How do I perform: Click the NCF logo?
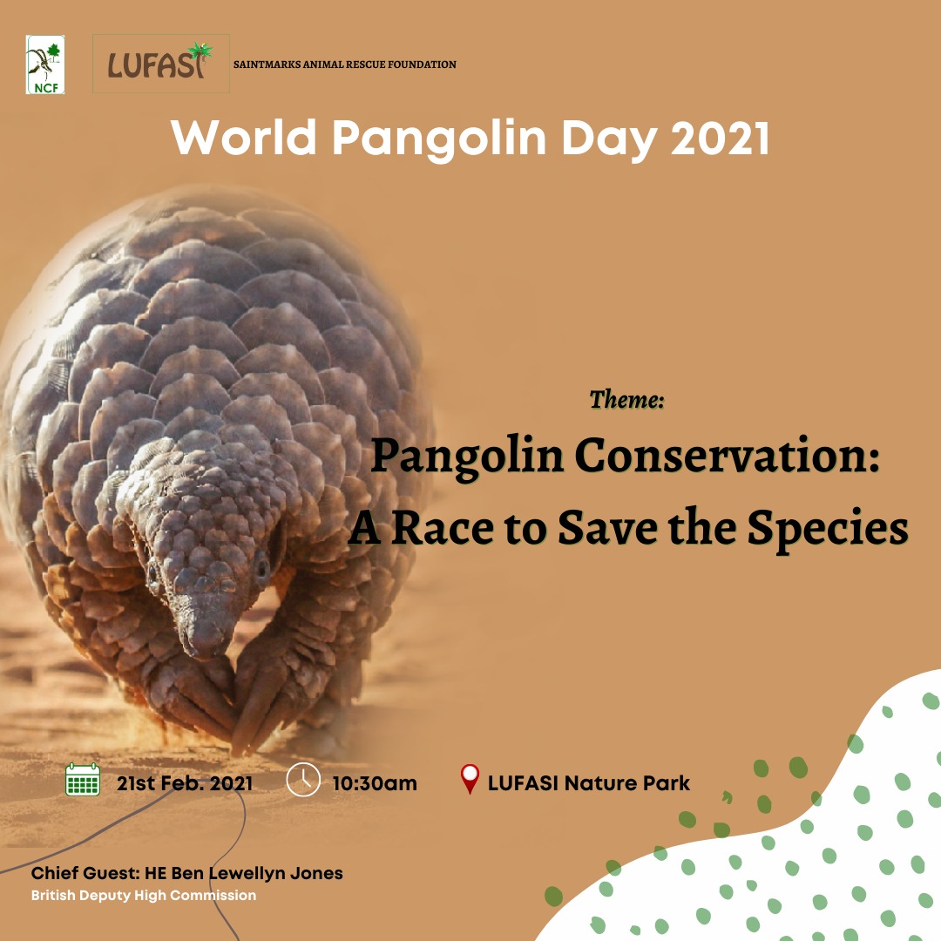pyautogui.click(x=45, y=64)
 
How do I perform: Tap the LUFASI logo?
pyautogui.click(x=160, y=64)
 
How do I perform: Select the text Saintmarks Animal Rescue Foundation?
pyautogui.click(x=345, y=64)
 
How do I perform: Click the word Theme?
pyautogui.click(x=627, y=400)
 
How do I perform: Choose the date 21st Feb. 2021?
pyautogui.click(x=185, y=782)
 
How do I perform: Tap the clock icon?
pyautogui.click(x=303, y=779)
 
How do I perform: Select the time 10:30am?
pyautogui.click(x=375, y=782)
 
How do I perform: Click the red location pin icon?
pyautogui.click(x=470, y=778)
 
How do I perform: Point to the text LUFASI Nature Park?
pyautogui.click(x=589, y=782)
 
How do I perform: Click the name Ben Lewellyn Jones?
pyautogui.click(x=257, y=873)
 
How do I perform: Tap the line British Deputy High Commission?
pyautogui.click(x=144, y=895)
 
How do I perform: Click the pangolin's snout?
pyautogui.click(x=202, y=640)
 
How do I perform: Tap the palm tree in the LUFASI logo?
pyautogui.click(x=200, y=53)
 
